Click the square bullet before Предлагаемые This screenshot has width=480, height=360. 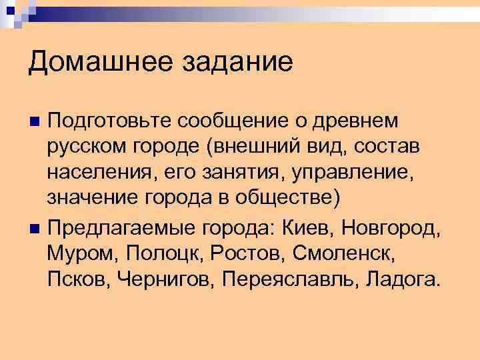pyautogui.click(x=36, y=230)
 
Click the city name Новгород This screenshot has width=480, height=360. pyautogui.click(x=390, y=229)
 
